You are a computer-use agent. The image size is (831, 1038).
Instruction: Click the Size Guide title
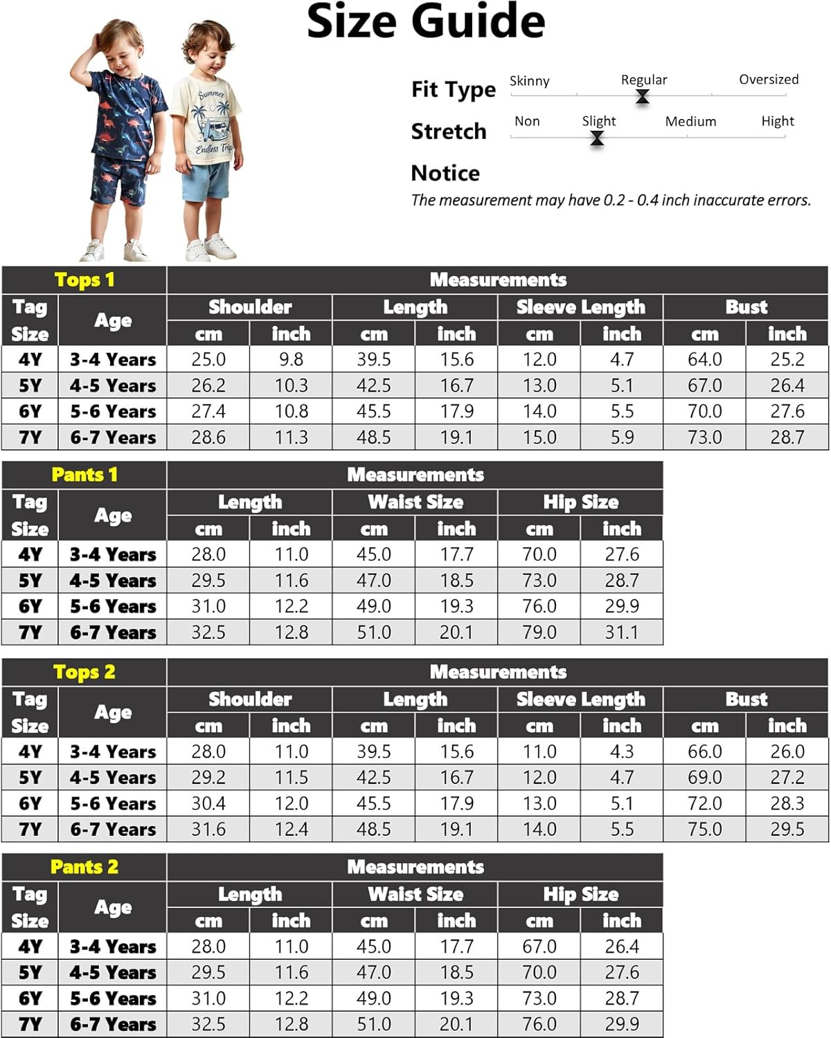425,22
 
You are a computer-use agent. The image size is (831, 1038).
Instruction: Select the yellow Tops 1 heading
84,280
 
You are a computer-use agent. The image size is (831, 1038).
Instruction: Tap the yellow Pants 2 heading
84,867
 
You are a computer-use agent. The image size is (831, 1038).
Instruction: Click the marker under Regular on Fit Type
643,96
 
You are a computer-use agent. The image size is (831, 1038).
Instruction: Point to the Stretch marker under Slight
596,138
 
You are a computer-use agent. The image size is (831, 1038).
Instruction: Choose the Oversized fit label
768,80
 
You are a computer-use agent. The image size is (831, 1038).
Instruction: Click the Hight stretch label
777,122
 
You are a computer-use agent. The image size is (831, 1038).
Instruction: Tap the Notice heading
445,173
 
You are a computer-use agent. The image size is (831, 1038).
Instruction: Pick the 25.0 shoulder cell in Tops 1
208,360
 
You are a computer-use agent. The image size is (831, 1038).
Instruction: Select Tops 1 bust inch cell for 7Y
787,437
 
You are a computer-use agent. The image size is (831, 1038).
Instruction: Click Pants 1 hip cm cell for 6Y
539,606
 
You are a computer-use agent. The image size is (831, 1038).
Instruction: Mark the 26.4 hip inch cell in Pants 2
621,947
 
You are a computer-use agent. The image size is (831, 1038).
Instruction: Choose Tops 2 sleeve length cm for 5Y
539,778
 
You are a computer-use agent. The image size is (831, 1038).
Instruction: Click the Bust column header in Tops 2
746,700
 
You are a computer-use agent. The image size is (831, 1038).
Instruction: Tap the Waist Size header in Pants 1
415,502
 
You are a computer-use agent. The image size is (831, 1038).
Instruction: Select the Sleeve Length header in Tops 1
580,307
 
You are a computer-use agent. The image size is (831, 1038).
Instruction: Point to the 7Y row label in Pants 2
30,1024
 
